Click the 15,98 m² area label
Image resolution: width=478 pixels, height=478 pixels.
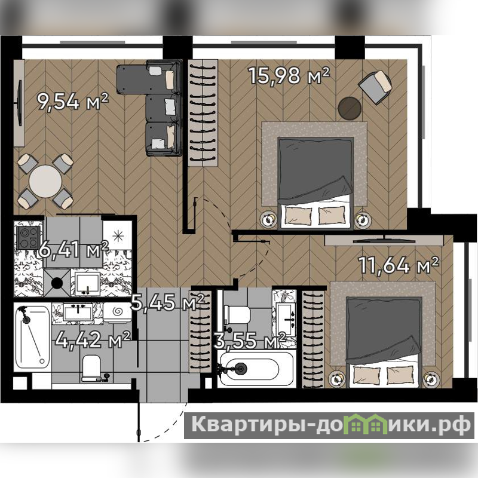289,75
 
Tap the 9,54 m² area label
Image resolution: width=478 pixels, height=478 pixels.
72,102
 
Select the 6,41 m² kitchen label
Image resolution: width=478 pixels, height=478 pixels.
73,249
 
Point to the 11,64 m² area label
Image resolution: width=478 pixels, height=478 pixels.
399,265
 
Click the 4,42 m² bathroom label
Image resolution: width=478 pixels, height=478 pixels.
93,339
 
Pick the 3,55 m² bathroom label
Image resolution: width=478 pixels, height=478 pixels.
250,341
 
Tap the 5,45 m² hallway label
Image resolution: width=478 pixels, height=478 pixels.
167,302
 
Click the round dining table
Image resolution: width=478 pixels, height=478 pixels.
45,182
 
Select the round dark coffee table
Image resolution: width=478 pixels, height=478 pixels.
350,108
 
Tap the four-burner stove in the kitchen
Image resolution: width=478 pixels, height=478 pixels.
28,237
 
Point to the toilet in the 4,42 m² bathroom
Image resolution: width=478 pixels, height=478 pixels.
91,368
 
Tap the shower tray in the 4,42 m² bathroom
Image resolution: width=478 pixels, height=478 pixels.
32,337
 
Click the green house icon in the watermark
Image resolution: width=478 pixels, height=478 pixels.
364,424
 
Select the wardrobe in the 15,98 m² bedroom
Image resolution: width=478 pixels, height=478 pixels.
203,113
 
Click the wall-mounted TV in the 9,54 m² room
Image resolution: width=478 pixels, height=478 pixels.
20,103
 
